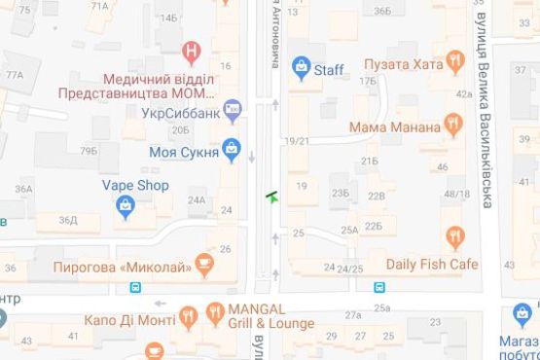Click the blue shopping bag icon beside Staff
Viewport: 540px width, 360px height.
pyautogui.click(x=302, y=67)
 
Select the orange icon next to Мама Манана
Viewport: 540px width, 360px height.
pyautogui.click(x=451, y=124)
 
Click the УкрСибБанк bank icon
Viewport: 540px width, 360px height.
pyautogui.click(x=232, y=112)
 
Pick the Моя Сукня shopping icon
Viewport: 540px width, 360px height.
pyautogui.click(x=231, y=149)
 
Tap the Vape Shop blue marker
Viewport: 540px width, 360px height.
pyautogui.click(x=125, y=204)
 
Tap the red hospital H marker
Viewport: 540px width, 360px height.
pyautogui.click(x=193, y=50)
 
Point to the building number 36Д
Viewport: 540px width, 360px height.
pyautogui.click(x=67, y=220)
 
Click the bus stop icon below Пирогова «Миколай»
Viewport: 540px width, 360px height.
pyautogui.click(x=136, y=286)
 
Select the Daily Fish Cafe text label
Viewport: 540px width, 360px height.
pyautogui.click(x=432, y=264)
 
